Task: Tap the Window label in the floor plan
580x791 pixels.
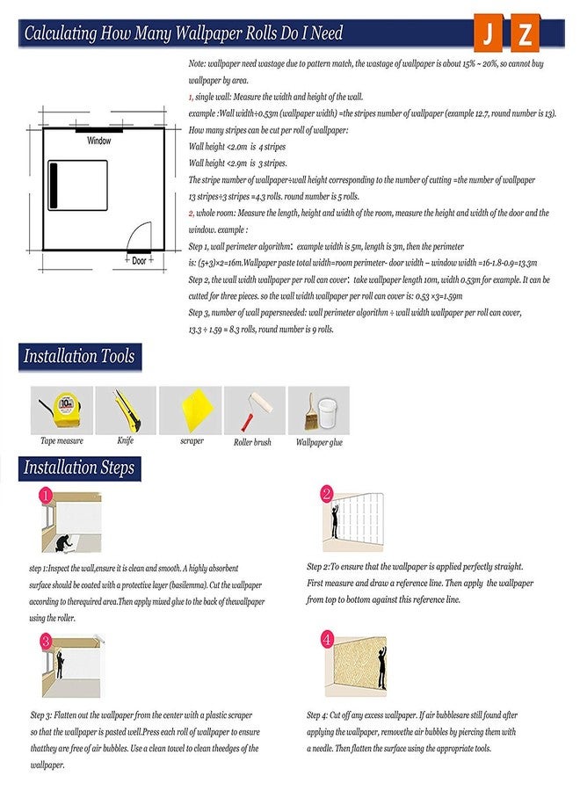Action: coord(99,141)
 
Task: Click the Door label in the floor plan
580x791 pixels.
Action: coord(139,261)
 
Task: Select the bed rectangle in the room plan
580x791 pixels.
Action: coord(77,185)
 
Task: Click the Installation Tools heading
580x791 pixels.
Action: coord(79,357)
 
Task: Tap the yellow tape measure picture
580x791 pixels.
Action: coord(62,409)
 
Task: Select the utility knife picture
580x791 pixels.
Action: coord(126,409)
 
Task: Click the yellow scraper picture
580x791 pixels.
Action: coord(192,409)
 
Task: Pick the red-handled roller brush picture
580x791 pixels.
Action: coord(254,409)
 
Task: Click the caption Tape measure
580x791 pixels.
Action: coord(62,441)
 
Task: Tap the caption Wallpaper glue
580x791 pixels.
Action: coord(319,442)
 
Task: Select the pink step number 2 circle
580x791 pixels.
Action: coord(327,495)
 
